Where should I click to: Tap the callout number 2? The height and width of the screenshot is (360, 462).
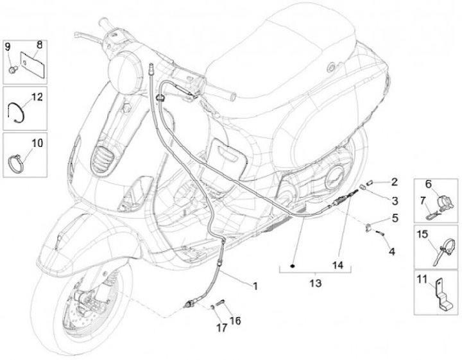[394, 182]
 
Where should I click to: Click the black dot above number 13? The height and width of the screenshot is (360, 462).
[293, 265]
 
